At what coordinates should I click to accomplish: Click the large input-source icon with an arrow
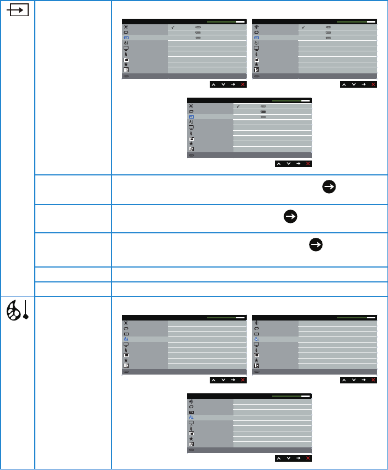tap(19, 12)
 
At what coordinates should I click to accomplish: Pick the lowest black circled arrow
tap(316, 245)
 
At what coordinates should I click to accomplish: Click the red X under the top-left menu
tap(242, 84)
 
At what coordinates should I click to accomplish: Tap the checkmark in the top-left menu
tap(173, 26)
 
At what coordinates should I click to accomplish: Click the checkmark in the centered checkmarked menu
tap(238, 106)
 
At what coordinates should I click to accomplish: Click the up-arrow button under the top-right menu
tap(344, 84)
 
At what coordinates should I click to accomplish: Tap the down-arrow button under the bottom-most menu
tap(288, 458)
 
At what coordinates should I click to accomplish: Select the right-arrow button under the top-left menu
tap(233, 84)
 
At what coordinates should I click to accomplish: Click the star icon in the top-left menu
tap(126, 65)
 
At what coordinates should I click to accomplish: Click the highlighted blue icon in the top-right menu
tap(257, 38)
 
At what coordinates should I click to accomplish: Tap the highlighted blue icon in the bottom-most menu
tap(191, 418)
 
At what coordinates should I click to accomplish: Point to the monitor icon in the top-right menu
tap(257, 49)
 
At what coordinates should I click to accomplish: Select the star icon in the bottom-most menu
tap(191, 437)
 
